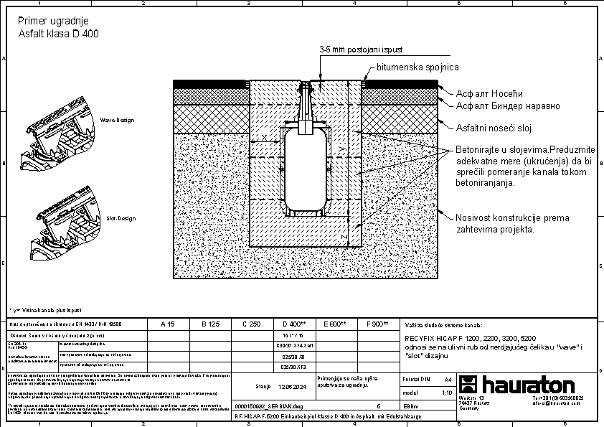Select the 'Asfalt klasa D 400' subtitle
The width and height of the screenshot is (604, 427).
(x=58, y=33)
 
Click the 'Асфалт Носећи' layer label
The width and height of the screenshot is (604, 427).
(x=491, y=93)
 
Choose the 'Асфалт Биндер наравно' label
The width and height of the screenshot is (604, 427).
(x=508, y=105)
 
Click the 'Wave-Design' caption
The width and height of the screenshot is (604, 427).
(x=117, y=120)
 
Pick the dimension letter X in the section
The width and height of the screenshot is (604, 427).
(x=264, y=136)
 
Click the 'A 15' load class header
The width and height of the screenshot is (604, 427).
(x=167, y=324)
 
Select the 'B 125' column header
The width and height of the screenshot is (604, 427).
(x=209, y=324)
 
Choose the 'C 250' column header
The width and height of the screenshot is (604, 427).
(x=251, y=324)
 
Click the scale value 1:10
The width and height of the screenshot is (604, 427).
(x=447, y=393)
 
